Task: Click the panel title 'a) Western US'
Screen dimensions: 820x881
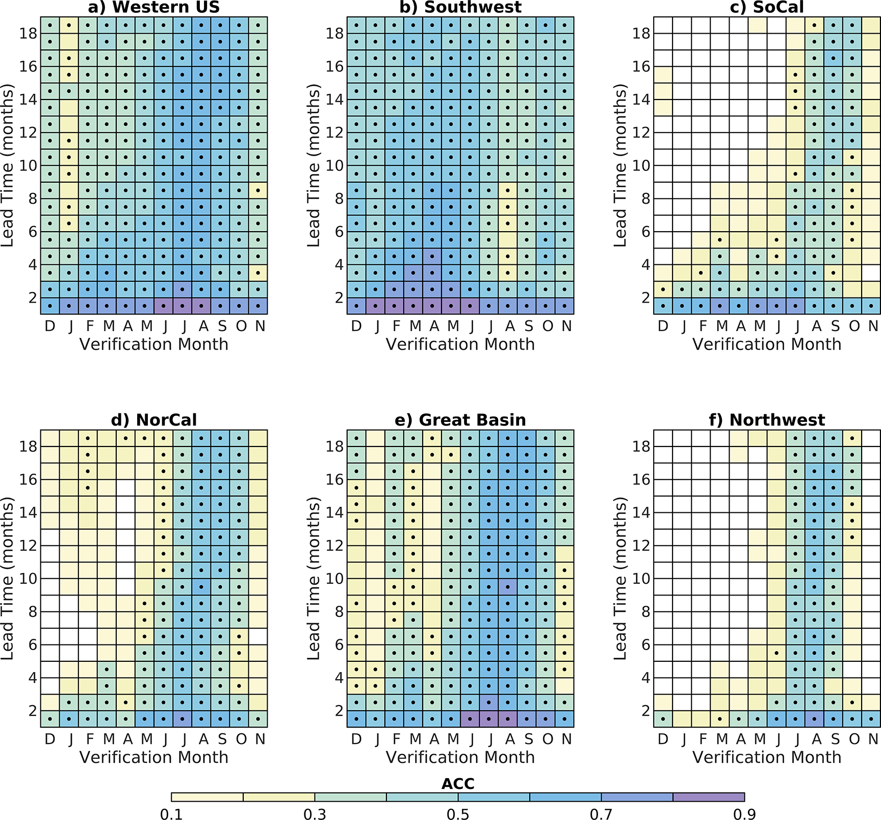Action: pyautogui.click(x=153, y=7)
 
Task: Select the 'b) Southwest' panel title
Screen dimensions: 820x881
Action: pyautogui.click(x=460, y=7)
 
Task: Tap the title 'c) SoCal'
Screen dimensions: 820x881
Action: pyautogui.click(x=767, y=7)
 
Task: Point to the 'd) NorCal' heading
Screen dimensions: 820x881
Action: pyautogui.click(x=153, y=420)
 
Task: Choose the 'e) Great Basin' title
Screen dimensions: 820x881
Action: pyautogui.click(x=460, y=420)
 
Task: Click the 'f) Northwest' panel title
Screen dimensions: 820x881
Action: pyautogui.click(x=767, y=420)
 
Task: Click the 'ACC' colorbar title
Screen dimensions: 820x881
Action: pyautogui.click(x=458, y=784)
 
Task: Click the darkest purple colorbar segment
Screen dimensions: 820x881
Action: pyautogui.click(x=709, y=797)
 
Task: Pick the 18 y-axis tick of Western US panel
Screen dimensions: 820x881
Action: pyautogui.click(x=29, y=34)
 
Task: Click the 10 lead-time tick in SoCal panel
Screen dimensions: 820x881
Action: pyautogui.click(x=641, y=166)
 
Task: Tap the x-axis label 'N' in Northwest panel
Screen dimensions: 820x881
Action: pyautogui.click(x=873, y=739)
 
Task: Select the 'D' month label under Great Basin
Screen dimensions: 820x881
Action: pyautogui.click(x=356, y=739)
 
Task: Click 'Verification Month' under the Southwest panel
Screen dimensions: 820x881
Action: pyautogui.click(x=460, y=344)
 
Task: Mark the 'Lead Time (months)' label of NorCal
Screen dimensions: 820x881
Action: pyautogui.click(x=7, y=579)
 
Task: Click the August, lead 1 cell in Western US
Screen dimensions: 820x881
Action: pyautogui.click(x=201, y=306)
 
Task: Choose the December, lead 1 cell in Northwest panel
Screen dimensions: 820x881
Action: pyautogui.click(x=663, y=719)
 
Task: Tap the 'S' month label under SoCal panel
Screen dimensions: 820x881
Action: pyautogui.click(x=835, y=326)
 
